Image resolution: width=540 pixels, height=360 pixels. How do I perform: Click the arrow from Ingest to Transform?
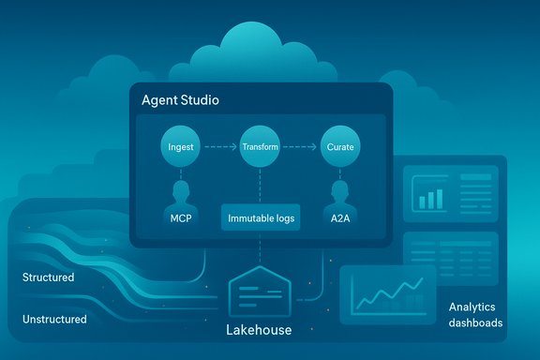(219, 147)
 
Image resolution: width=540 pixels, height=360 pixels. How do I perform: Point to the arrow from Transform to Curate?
(300, 147)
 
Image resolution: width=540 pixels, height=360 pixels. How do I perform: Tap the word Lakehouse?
(260, 330)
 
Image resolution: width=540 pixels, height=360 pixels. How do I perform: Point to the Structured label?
(48, 277)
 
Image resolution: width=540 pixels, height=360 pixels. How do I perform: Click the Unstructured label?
(54, 319)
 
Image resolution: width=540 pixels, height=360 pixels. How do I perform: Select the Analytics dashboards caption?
(475, 315)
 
